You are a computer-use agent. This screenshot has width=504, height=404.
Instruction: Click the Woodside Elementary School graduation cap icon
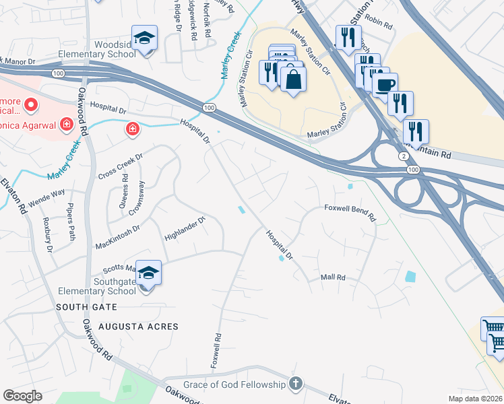coord(145,38)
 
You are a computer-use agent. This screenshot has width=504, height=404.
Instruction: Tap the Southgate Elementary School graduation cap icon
coord(149,273)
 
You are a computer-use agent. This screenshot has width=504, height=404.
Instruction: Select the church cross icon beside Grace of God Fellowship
coord(295,384)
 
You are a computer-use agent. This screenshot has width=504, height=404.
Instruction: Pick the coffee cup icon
coord(385,86)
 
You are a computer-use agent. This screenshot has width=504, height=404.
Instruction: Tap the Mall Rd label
coord(333,277)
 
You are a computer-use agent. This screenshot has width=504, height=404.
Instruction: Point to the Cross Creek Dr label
coord(121,167)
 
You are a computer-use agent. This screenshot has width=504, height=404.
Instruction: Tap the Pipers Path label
coord(70,224)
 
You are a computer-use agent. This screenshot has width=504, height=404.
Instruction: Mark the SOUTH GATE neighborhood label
coord(86,307)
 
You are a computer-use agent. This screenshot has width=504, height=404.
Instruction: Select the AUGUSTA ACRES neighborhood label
coord(138,327)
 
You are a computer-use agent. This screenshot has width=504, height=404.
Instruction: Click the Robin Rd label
coord(379,23)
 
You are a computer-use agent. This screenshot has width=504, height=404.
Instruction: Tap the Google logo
coord(23,396)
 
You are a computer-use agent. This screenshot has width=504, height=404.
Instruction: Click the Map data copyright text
coord(476,399)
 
